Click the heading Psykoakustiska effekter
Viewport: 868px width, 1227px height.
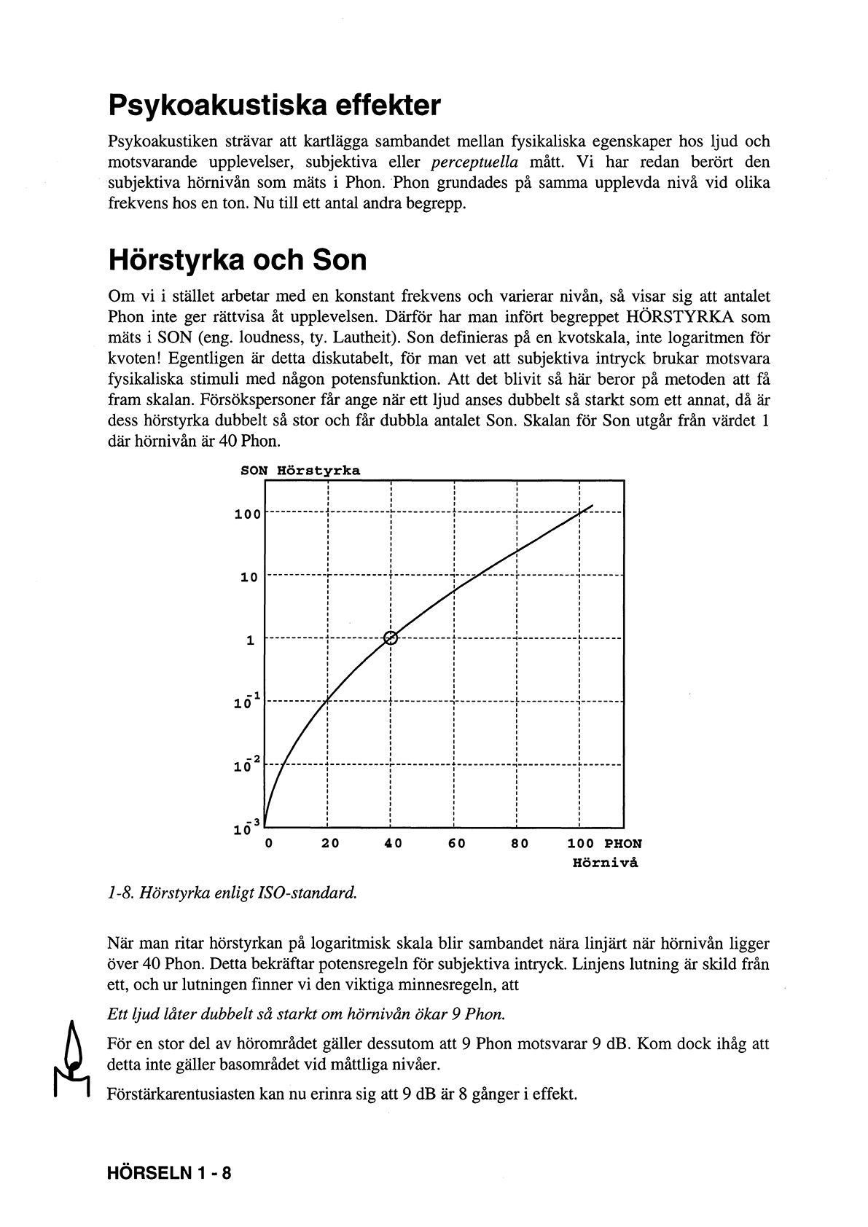[x=274, y=106]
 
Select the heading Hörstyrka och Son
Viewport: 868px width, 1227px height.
[x=237, y=260]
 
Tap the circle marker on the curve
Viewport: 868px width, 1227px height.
[x=391, y=638]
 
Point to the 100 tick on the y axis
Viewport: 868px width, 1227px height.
[x=247, y=514]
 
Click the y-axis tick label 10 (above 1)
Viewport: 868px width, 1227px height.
[x=249, y=578]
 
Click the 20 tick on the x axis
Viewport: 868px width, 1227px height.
[x=330, y=844]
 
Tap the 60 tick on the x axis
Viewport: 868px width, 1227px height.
[x=457, y=844]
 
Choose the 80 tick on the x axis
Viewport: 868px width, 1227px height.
[x=520, y=844]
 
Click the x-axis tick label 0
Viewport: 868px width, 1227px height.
[x=269, y=844]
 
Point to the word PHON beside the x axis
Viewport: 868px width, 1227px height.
[x=623, y=844]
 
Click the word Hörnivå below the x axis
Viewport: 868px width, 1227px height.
[x=605, y=863]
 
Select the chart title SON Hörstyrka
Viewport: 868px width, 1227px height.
[x=300, y=471]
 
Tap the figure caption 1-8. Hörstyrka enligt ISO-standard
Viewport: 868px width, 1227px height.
[x=232, y=892]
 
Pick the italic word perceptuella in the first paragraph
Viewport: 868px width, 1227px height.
[x=474, y=162]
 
